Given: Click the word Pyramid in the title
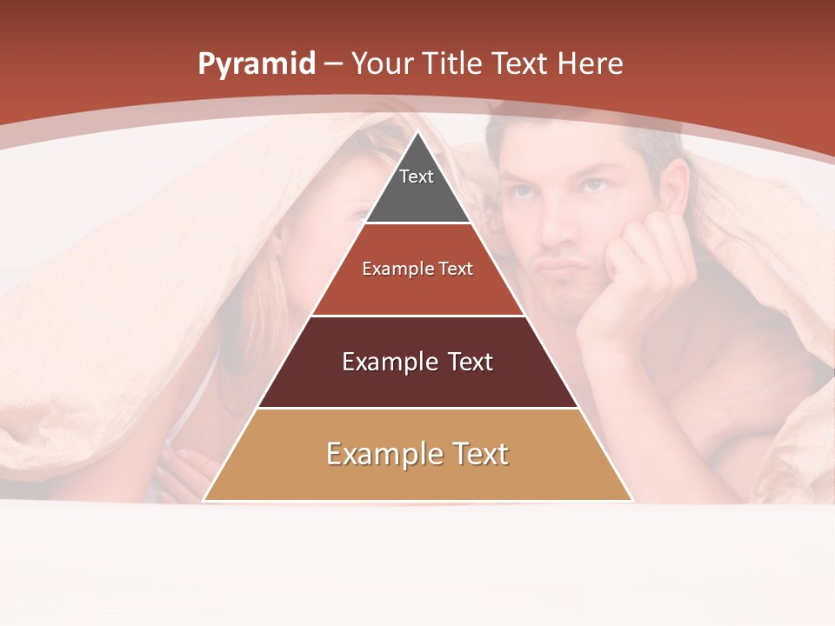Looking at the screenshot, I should point(256,64).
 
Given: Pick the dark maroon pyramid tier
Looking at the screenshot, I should point(417,362).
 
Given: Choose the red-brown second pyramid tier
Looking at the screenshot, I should point(417,270).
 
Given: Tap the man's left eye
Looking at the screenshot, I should point(594,185).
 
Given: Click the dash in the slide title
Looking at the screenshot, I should point(333,64).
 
